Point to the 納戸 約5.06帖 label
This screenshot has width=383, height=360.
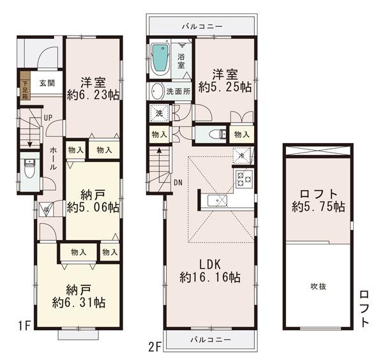(x=93, y=200)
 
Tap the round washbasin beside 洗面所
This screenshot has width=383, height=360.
(x=157, y=91)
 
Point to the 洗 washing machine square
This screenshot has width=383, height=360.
(x=158, y=114)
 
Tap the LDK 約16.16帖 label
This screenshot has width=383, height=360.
(x=210, y=271)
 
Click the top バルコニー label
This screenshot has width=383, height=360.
(x=202, y=27)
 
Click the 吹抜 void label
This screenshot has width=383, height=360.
(x=319, y=286)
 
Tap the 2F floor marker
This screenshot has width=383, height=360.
(x=155, y=347)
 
